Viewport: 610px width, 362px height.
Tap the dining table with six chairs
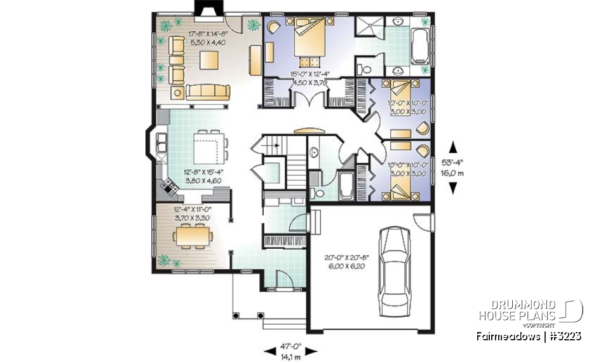189,238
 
